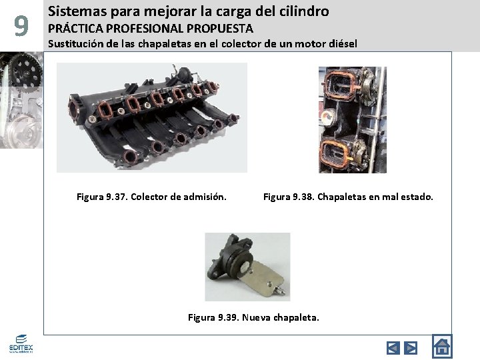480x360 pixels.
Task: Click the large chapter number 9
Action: click(x=21, y=26)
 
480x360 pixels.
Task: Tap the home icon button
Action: click(x=442, y=346)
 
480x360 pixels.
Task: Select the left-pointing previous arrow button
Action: click(x=393, y=348)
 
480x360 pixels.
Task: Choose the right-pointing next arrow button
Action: click(x=411, y=348)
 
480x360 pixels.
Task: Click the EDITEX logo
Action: click(x=21, y=344)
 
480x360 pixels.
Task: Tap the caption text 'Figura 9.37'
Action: click(x=102, y=197)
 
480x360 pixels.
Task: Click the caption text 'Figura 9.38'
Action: click(x=289, y=197)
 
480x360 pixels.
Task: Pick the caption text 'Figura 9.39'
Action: click(x=213, y=317)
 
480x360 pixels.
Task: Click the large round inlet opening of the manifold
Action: click(x=74, y=109)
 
